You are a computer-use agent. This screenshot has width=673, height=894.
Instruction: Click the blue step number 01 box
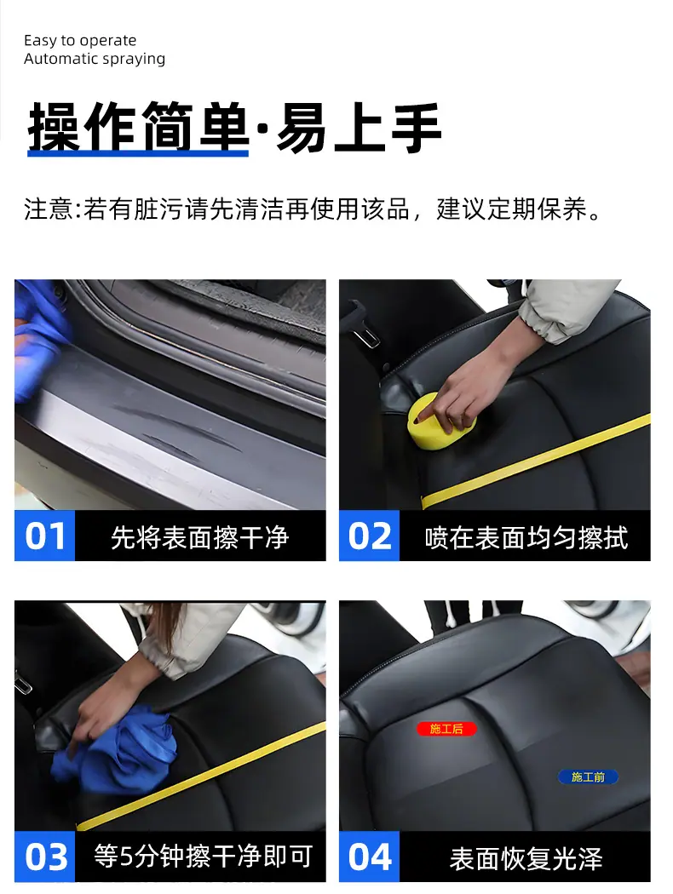(44, 536)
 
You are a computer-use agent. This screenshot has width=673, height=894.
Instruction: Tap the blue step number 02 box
(369, 536)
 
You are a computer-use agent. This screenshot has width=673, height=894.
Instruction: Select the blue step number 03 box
(44, 857)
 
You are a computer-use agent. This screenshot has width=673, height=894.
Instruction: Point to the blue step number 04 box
(369, 857)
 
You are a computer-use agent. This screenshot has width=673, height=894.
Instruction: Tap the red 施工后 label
(446, 729)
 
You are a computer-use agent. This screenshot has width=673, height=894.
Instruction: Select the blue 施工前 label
(588, 777)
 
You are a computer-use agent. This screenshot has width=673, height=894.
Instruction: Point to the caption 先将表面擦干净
(199, 537)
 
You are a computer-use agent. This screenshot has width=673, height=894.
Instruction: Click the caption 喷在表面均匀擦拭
(526, 537)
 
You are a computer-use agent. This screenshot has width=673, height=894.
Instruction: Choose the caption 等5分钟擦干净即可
(204, 857)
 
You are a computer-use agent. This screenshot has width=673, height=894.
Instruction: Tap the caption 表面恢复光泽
(526, 858)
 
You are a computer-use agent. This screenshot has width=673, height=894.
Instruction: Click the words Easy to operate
(80, 41)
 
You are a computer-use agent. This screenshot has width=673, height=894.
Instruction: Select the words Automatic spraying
(95, 59)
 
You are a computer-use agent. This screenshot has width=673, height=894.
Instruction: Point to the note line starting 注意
(313, 209)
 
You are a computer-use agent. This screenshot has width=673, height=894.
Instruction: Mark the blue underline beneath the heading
(138, 152)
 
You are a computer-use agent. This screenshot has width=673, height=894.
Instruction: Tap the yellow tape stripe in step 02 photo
(536, 461)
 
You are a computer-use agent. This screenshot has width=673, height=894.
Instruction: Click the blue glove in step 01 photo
(37, 342)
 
